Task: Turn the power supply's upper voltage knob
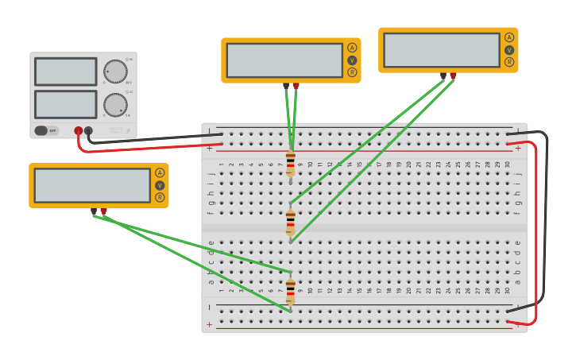(x=115, y=72)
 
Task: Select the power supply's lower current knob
(x=115, y=105)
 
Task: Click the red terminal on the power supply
(x=78, y=131)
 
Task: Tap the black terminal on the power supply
(x=88, y=131)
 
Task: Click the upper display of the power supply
(x=66, y=72)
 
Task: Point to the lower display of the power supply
(x=66, y=104)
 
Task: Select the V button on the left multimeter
(x=160, y=185)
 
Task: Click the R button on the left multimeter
(x=160, y=197)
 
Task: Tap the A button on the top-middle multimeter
(x=352, y=48)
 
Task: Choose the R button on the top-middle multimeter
(x=352, y=72)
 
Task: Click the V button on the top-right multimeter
(x=509, y=50)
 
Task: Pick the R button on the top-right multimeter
(x=509, y=62)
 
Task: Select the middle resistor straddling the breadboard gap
(x=291, y=222)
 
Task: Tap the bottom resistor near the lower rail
(x=291, y=290)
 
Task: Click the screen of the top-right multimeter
(x=442, y=50)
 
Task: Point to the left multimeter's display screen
(x=92, y=185)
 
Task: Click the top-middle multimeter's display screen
(x=284, y=60)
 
